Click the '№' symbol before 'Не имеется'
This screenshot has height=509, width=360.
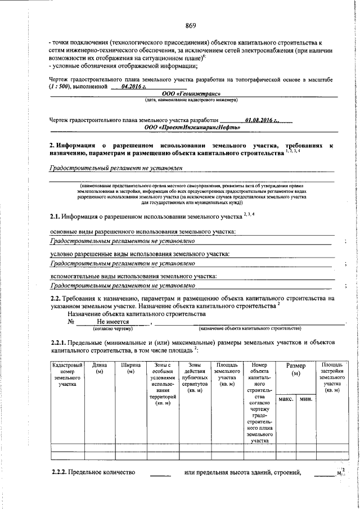71,322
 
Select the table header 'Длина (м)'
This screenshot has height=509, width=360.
100,368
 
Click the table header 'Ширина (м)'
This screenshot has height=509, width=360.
130,368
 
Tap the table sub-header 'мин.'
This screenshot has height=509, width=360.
306,399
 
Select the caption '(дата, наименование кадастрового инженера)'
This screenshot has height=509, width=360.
183,100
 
